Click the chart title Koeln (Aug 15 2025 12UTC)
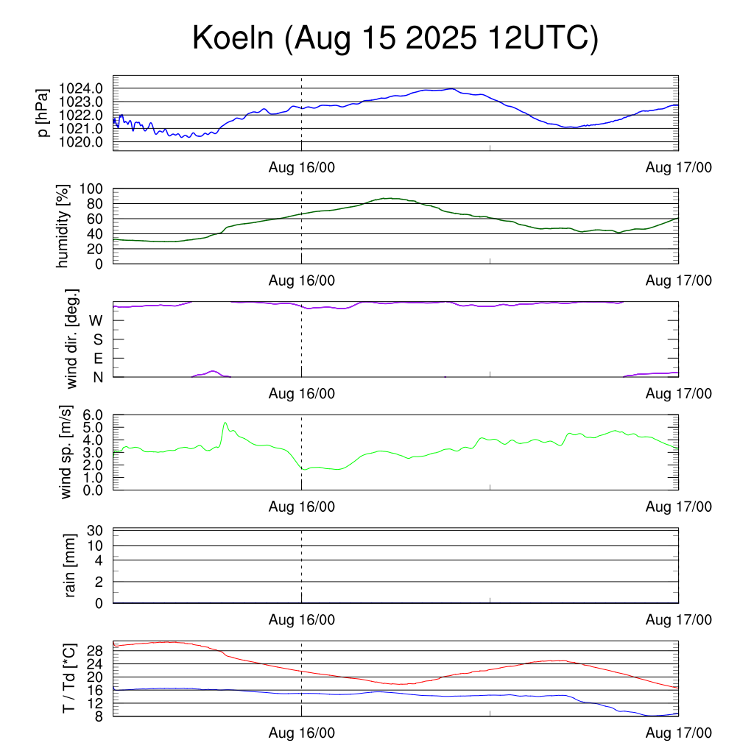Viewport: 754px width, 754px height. click(395, 38)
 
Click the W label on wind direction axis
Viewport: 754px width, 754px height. click(96, 320)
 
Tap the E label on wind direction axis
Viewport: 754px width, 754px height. click(98, 358)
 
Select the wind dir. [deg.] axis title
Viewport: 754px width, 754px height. click(72, 339)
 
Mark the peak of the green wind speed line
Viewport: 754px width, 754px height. click(225, 423)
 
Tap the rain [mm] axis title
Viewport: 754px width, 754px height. click(71, 565)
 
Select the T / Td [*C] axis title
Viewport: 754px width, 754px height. click(68, 677)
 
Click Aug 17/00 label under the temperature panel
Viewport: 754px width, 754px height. click(679, 733)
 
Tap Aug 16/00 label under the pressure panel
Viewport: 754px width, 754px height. click(302, 168)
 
